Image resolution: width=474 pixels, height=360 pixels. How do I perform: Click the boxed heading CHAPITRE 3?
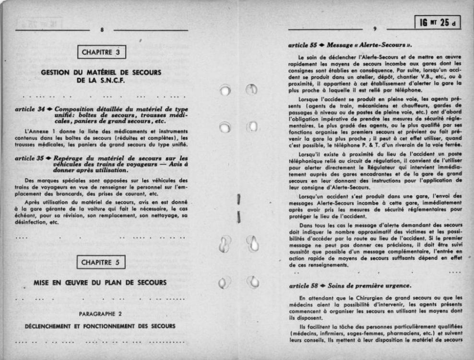click(101, 51)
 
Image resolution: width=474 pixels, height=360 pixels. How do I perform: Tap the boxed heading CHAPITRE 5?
click(101, 262)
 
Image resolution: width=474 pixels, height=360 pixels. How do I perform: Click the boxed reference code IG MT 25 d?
click(438, 22)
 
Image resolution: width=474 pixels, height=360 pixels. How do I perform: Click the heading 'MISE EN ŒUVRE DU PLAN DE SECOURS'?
click(100, 282)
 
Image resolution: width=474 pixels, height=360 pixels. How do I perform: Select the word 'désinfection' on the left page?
click(30, 223)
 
